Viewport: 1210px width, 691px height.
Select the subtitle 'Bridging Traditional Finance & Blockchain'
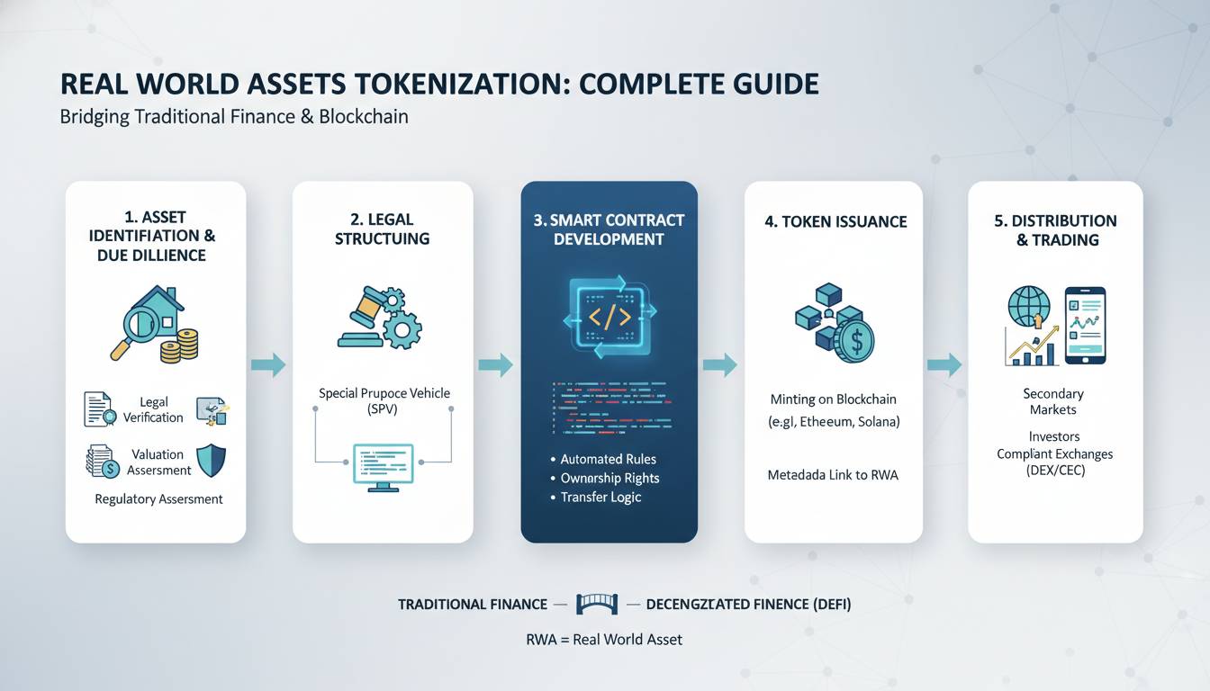coord(234,117)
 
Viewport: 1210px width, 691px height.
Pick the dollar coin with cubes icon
coord(834,322)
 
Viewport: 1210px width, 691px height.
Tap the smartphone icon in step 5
coord(1085,326)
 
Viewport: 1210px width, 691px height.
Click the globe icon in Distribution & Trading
coord(1028,308)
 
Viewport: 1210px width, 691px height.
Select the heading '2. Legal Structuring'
coord(383,229)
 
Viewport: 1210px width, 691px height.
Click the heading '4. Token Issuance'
coord(835,221)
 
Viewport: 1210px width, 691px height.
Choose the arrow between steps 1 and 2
coord(269,364)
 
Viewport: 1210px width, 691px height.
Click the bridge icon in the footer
coord(596,605)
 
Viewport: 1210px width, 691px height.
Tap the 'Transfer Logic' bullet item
coord(600,498)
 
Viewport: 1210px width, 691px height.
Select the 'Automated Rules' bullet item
coord(608,459)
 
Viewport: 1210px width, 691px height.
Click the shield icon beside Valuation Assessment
coord(212,461)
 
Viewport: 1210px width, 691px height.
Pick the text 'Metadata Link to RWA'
coord(834,474)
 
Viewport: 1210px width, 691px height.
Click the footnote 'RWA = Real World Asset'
coord(604,640)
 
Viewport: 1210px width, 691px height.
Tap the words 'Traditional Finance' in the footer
coord(473,605)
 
